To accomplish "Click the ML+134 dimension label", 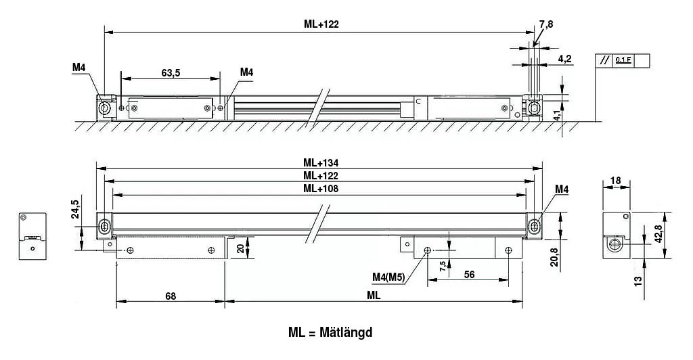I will (321, 162).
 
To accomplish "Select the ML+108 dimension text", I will (321, 189).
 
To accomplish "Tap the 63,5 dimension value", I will (171, 73).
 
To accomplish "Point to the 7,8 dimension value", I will (545, 24).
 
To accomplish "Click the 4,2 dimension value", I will (565, 59).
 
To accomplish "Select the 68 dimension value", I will (170, 296).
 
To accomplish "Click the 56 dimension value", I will (468, 274).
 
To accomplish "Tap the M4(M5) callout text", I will (388, 276).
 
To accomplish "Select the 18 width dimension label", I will (616, 180).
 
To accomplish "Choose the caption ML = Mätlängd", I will (330, 332).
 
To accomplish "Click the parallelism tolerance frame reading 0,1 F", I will (622, 60).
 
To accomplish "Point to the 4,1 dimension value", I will (557, 112).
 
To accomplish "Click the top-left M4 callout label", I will (79, 67).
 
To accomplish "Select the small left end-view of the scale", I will (30, 236).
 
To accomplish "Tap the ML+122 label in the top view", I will (321, 24).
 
